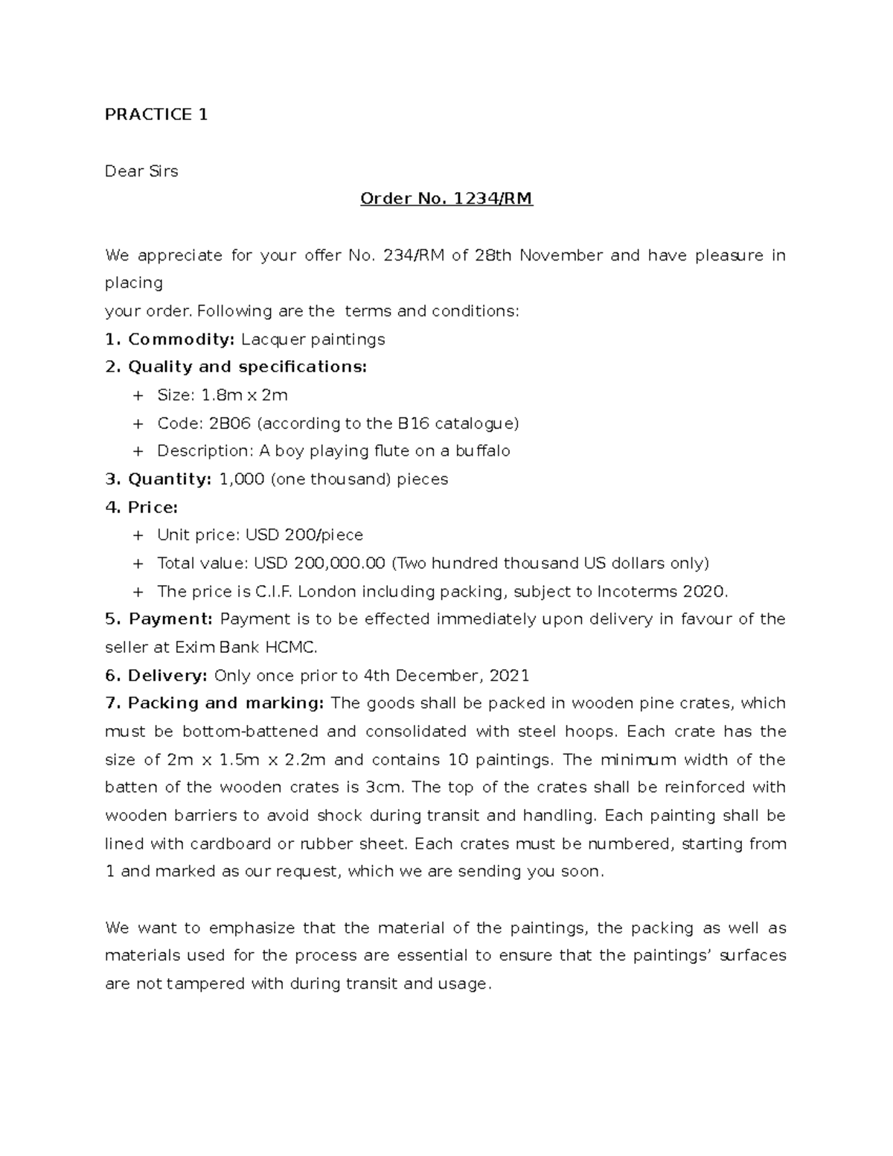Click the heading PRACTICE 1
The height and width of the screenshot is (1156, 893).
[156, 115]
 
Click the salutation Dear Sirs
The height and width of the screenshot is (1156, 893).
[141, 171]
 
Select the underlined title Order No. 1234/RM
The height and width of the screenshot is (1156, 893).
[446, 199]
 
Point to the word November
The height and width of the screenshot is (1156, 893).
[561, 256]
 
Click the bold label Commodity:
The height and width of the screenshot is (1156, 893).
[181, 340]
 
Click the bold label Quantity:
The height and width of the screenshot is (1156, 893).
[170, 479]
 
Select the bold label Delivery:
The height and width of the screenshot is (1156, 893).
[167, 676]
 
